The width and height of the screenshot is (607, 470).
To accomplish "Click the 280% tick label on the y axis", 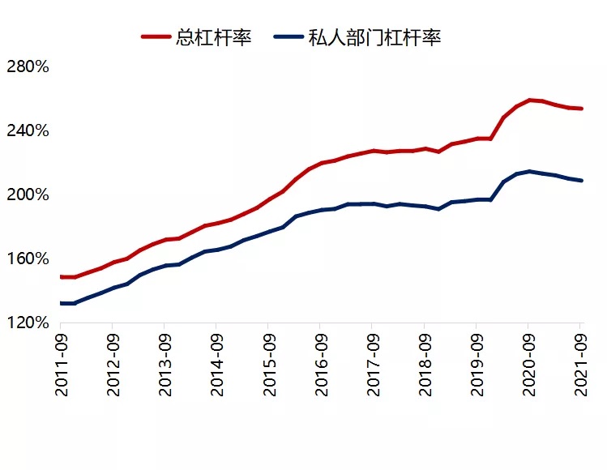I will (28, 66).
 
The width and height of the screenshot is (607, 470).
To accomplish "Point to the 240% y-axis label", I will (28, 130).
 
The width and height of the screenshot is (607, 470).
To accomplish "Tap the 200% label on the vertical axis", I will (28, 194).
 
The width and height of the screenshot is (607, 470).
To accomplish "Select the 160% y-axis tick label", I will (28, 258).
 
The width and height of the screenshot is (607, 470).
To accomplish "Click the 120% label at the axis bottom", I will (28, 323).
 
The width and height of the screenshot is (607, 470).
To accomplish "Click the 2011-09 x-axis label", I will (62, 365).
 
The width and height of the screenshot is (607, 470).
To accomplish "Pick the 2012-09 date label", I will (113, 365).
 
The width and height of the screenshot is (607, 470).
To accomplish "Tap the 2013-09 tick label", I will (165, 365).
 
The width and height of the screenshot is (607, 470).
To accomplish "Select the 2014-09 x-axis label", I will (217, 365).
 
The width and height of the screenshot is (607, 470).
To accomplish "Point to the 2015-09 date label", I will (269, 365).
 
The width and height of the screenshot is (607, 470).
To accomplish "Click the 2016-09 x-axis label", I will (321, 365).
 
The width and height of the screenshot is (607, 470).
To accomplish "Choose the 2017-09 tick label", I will (373, 365).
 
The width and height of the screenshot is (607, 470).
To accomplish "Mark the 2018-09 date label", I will (425, 365).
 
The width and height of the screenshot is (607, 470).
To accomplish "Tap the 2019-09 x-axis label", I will (477, 365).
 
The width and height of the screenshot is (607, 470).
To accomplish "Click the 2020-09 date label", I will (528, 365).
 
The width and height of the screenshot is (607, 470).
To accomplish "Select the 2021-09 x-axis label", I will (580, 365).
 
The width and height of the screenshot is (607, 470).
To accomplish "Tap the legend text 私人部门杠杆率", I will (374, 36).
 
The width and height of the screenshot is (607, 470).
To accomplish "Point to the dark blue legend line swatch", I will (288, 36).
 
